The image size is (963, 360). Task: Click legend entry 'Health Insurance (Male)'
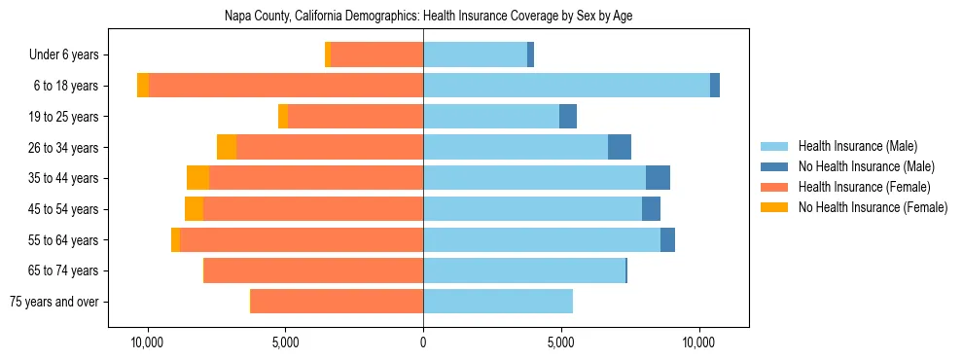coord(858,146)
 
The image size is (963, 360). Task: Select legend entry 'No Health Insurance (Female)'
coord(873,207)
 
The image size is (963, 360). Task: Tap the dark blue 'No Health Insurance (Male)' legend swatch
coord(775,166)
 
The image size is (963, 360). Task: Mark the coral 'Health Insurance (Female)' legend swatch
coord(775,187)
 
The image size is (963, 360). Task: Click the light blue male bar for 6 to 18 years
coord(566,86)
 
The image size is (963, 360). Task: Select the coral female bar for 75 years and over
coord(337,302)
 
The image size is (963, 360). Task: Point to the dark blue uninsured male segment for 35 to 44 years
coord(658,178)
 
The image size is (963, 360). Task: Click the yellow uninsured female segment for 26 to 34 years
coord(227,148)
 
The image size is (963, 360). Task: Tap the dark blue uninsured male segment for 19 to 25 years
coord(568,117)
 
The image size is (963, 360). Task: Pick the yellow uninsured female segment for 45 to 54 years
coord(194,209)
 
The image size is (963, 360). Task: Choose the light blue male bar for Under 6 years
coord(475,55)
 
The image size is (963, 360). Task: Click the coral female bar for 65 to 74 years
coord(313,270)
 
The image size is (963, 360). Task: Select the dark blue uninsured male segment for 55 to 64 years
coord(667,240)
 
